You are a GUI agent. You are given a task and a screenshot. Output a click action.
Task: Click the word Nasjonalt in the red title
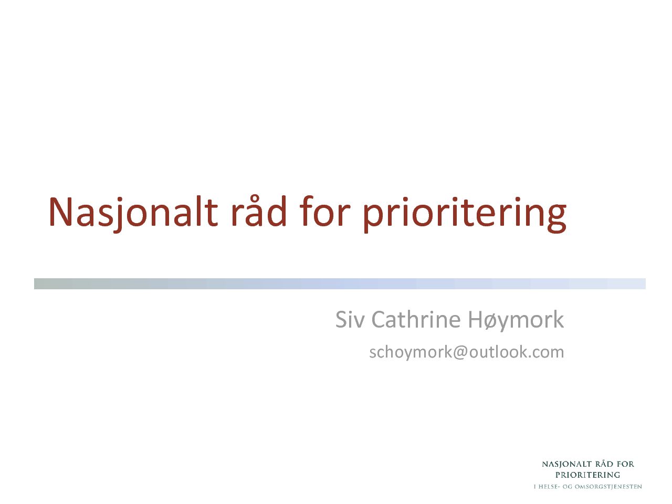[133, 214]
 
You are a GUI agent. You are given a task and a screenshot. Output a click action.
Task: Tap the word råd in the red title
[259, 212]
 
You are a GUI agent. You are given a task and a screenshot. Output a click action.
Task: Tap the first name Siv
[350, 320]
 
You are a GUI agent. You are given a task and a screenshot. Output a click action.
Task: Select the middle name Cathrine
[416, 320]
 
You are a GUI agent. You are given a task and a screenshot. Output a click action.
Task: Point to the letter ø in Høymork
[492, 322]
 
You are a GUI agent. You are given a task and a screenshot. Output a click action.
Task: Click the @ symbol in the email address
[460, 353]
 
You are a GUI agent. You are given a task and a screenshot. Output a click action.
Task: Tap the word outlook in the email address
[499, 352]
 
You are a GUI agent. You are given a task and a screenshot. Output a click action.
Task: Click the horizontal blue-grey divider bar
[340, 283]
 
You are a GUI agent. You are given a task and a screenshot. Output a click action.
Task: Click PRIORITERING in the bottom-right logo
[587, 476]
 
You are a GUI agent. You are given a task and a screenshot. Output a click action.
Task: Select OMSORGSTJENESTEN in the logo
[608, 487]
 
